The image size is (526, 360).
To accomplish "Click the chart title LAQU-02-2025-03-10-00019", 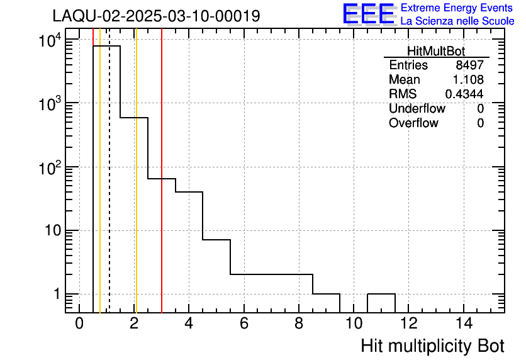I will (x=156, y=16).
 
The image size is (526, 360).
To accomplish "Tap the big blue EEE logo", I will (x=369, y=14).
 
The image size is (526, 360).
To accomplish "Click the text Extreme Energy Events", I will (x=457, y=8).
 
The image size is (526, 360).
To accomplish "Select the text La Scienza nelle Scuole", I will (x=457, y=21).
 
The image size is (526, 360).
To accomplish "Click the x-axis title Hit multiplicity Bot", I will (x=432, y=346).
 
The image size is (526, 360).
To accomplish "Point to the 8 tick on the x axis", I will (x=299, y=324).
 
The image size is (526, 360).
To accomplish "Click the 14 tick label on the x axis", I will (x=463, y=324).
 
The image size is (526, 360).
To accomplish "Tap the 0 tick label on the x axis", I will (x=79, y=324).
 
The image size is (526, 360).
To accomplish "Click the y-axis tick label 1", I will (x=56, y=295).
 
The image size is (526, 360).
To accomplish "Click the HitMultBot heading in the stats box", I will (x=436, y=52).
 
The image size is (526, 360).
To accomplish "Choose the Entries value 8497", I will (x=470, y=65).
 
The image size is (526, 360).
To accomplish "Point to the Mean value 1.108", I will (x=468, y=80).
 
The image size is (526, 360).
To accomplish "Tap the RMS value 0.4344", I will (x=464, y=94).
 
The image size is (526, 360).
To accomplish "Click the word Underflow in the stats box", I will (x=417, y=108).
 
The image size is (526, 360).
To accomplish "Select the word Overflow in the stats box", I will (x=413, y=123).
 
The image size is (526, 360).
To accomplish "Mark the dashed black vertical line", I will (x=109, y=189).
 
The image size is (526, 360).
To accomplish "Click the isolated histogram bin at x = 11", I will (x=381, y=295).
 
